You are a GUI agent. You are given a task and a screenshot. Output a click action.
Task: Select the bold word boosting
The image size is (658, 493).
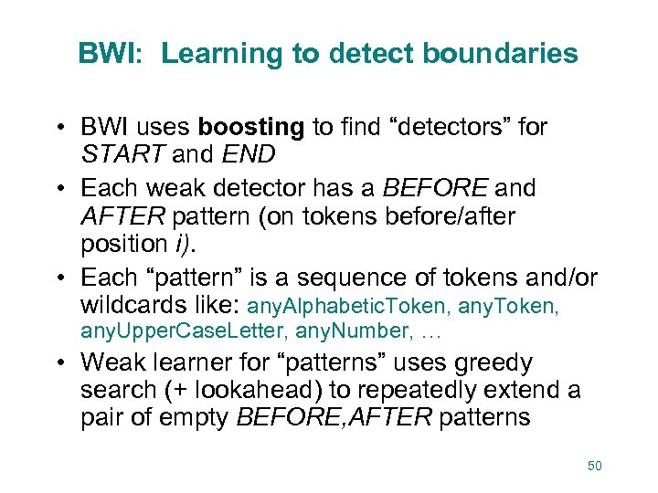tap(252, 127)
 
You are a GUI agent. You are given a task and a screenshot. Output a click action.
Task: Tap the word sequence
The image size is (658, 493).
tap(329, 277)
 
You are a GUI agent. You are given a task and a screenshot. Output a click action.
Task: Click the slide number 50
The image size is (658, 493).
tap(594, 467)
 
